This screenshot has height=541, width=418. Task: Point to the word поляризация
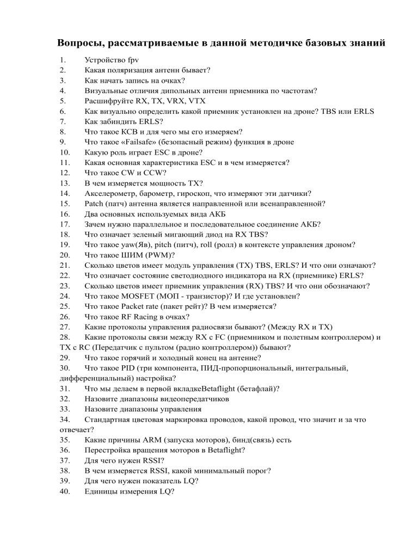click(132, 71)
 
